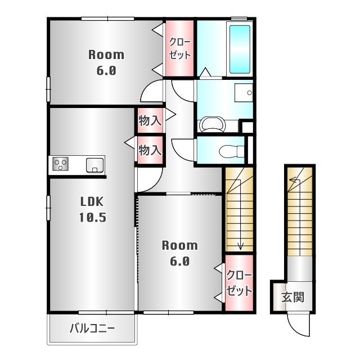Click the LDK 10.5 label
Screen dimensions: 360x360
click(93, 209)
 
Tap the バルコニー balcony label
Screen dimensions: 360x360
click(92, 328)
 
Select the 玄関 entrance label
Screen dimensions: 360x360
click(292, 297)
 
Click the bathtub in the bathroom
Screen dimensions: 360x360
click(240, 49)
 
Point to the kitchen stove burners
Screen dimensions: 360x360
click(60, 164)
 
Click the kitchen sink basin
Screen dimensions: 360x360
click(94, 165)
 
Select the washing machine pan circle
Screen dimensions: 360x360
click(212, 125)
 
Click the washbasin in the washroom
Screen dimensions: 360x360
click(244, 93)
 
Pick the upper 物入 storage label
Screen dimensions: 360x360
click(150, 120)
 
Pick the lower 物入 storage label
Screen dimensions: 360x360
click(150, 150)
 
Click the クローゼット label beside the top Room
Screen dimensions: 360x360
click(180, 48)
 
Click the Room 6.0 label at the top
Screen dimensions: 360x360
click(106, 62)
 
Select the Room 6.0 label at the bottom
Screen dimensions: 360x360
click(179, 253)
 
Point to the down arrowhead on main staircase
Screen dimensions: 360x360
click(240, 247)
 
